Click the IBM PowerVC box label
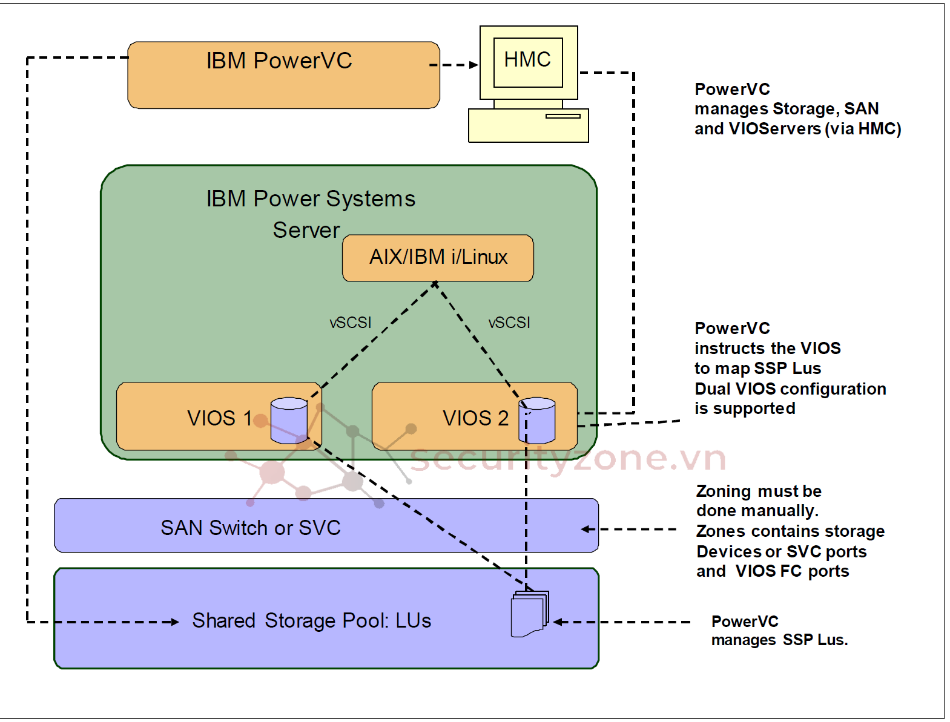(x=279, y=61)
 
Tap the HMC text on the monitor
(x=527, y=60)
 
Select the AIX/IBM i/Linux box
(x=438, y=258)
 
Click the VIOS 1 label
(x=219, y=418)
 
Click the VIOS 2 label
(x=475, y=418)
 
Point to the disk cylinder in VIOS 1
(x=289, y=420)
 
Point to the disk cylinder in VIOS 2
(x=537, y=420)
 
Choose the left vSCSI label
(x=350, y=323)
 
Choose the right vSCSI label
(x=509, y=323)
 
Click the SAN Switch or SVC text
(x=251, y=528)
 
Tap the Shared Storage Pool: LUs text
(x=311, y=621)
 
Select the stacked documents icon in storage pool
(x=530, y=614)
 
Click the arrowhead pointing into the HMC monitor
(x=474, y=65)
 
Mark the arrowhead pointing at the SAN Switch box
(x=586, y=529)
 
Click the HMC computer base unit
(x=528, y=125)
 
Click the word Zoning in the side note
(x=724, y=491)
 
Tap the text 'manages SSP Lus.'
(x=779, y=640)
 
